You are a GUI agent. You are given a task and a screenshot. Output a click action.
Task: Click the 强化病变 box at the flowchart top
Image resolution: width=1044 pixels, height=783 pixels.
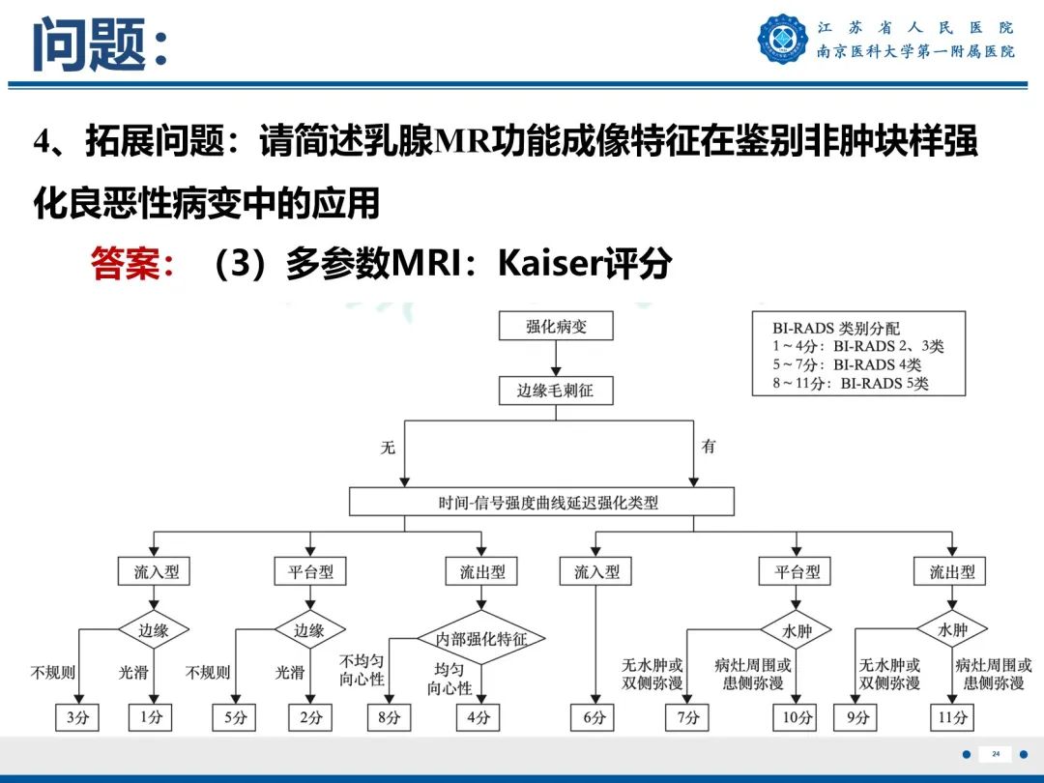[x=556, y=327]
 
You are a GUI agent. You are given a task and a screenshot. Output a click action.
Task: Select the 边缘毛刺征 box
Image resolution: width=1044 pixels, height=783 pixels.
[x=556, y=391]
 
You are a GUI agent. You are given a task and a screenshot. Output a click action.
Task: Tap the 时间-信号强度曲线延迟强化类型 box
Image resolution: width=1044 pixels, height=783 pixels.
[x=541, y=502]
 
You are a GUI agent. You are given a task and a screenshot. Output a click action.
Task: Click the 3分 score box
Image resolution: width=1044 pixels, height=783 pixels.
[x=77, y=717]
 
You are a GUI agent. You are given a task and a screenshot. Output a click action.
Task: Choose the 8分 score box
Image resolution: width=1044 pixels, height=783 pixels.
[x=391, y=717]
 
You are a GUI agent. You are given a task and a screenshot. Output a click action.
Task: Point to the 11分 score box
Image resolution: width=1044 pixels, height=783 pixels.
[x=951, y=717]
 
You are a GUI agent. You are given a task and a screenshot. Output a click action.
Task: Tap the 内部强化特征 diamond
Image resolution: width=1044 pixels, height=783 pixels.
[x=481, y=638]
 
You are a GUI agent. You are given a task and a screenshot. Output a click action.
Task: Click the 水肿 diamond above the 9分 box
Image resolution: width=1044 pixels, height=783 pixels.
[x=952, y=630]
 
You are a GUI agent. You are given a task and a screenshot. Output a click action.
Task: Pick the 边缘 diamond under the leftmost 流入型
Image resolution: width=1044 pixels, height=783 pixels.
[x=153, y=630]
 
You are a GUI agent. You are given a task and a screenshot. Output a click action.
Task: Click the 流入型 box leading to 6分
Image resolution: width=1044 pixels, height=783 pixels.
[x=596, y=572]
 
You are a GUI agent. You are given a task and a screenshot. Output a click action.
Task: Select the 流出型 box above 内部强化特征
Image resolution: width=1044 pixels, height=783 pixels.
[x=481, y=572]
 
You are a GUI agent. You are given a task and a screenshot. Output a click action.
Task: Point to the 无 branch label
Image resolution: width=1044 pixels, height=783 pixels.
[x=388, y=448]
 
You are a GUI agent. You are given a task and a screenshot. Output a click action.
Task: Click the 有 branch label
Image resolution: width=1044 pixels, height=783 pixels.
[x=709, y=447]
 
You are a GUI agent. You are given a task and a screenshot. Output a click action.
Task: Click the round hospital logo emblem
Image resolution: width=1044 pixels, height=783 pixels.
[x=782, y=39]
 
